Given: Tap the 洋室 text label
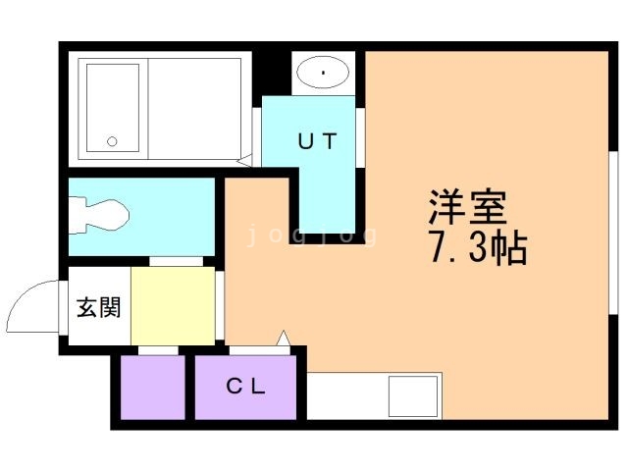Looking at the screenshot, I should click(x=466, y=208).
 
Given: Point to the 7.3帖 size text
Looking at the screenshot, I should click(x=477, y=250).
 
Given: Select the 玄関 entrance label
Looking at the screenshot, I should click(x=98, y=307).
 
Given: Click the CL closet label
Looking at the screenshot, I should click(x=246, y=386).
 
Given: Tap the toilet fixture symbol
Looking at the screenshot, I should click(x=99, y=213).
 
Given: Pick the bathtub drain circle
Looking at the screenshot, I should click(x=112, y=140).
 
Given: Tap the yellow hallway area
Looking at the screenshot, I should click(x=173, y=306).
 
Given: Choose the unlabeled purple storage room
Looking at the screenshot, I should click(x=152, y=388).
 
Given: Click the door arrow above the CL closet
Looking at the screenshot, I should click(x=284, y=338).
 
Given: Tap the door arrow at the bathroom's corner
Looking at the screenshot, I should click(x=245, y=158).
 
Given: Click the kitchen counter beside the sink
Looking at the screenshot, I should click(x=348, y=396).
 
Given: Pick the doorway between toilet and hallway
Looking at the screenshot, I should click(x=178, y=261).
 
